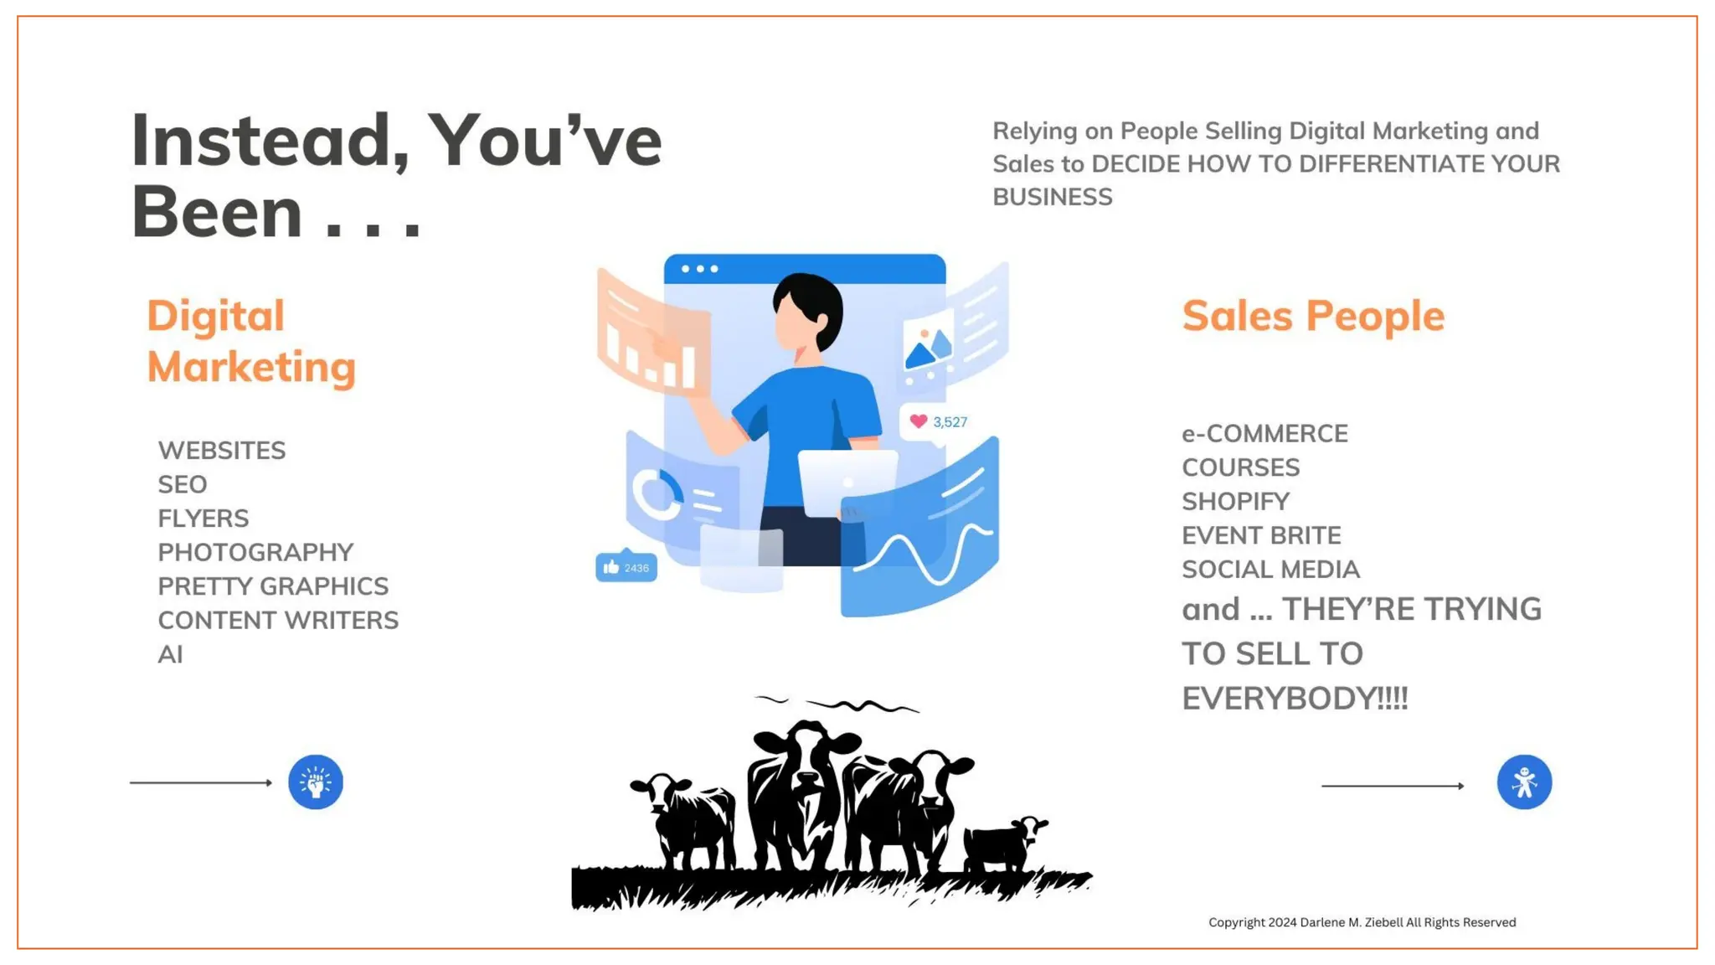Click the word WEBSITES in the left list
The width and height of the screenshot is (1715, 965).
tap(222, 451)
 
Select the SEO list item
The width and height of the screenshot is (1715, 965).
tap(183, 485)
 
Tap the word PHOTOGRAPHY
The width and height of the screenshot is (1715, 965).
tap(255, 553)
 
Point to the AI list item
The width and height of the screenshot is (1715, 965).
tap(170, 654)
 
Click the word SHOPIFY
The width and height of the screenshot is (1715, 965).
tap(1235, 502)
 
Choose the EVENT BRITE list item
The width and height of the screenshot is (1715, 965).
tap(1261, 535)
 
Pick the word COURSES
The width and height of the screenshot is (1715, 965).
tap(1240, 467)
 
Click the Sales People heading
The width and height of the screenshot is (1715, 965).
tap(1313, 317)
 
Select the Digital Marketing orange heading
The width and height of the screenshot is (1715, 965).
tap(250, 342)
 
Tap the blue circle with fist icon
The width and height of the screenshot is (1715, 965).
tap(316, 782)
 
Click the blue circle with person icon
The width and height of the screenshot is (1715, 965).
tap(1524, 782)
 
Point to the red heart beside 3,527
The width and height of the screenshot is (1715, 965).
tap(919, 421)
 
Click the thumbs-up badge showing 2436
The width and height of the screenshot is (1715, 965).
tap(626, 568)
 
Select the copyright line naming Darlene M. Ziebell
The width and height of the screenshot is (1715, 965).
tap(1362, 922)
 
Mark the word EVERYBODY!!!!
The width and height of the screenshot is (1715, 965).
tap(1295, 699)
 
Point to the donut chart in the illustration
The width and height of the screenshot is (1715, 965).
tap(657, 494)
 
